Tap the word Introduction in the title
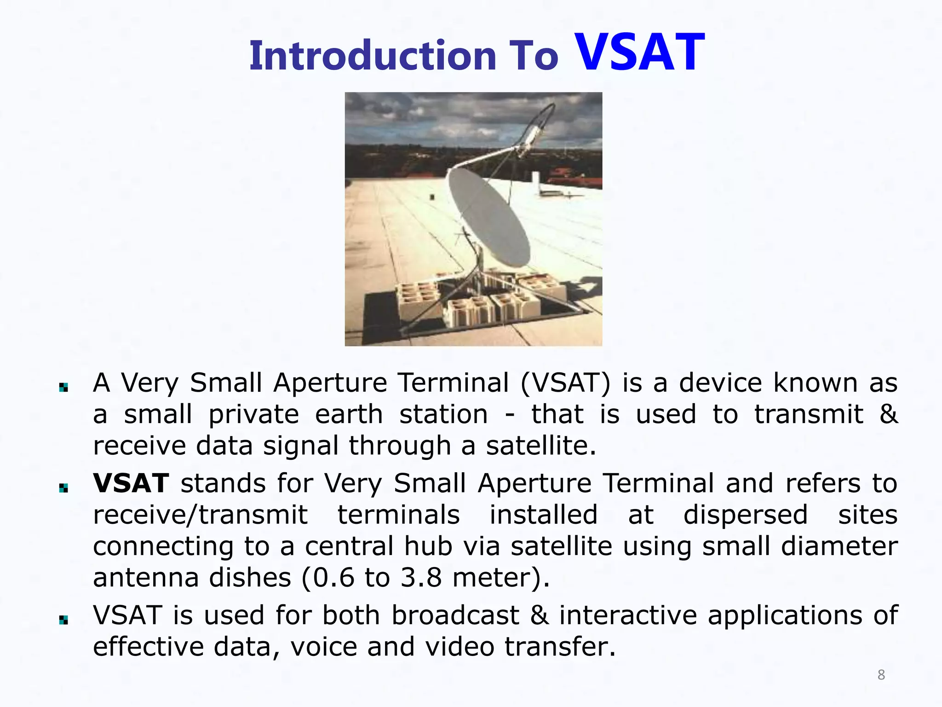[x=373, y=56]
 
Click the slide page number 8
[x=881, y=675]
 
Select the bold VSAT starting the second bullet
[x=131, y=484]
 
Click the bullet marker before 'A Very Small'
[x=63, y=388]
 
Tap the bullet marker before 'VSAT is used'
[x=63, y=620]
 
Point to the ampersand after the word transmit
[x=888, y=414]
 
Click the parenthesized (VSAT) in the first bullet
[x=565, y=383]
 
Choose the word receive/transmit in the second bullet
[x=200, y=515]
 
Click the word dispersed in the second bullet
[x=745, y=515]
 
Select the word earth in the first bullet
[x=349, y=414]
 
